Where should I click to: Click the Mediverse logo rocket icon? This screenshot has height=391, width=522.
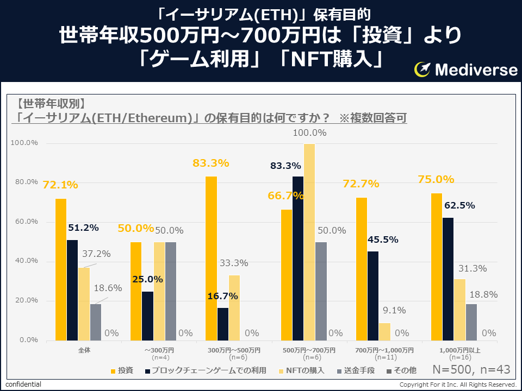(x=423, y=69)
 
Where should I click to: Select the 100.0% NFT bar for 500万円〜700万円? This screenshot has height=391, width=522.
(x=309, y=242)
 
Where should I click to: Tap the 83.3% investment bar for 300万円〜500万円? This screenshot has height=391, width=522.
(x=211, y=258)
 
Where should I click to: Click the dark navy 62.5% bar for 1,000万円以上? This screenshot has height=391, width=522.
(x=449, y=279)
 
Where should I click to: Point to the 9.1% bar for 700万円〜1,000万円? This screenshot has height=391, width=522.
(x=384, y=332)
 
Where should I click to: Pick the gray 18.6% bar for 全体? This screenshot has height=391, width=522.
(x=96, y=322)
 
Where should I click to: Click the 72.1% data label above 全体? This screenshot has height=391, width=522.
(x=60, y=185)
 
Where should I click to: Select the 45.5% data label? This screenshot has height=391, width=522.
(x=383, y=239)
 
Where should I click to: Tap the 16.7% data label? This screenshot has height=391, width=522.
(x=222, y=296)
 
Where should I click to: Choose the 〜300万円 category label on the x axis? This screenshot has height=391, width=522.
(x=159, y=350)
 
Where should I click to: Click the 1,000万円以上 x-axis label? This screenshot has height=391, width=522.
(x=460, y=350)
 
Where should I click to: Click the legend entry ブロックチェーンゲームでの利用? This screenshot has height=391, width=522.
(x=209, y=370)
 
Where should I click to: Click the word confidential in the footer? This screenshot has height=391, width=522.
(x=23, y=384)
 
